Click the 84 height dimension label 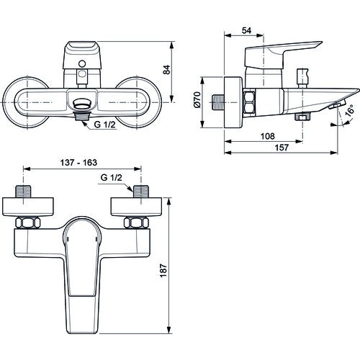coord(166,70)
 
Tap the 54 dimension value coord(246,30)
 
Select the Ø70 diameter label coord(197,100)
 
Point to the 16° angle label coord(350,110)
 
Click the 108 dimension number coord(267,136)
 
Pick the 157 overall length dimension coord(282,148)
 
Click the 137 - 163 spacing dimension coord(78,163)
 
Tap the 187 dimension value coord(163,271)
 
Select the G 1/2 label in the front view coord(105,125)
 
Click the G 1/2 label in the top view coord(112,178)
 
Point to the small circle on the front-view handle coord(82,63)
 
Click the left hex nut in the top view coord(28,222)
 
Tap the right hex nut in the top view coord(136,222)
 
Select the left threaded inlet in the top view coord(24,192)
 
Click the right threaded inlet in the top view coord(141,192)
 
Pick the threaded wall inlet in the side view coord(218,102)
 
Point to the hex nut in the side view coord(249,102)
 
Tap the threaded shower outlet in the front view coord(82,116)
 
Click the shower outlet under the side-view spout coord(302,117)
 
